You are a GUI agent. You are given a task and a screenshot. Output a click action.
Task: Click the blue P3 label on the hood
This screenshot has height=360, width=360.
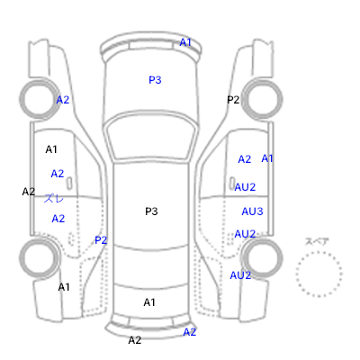[155, 80]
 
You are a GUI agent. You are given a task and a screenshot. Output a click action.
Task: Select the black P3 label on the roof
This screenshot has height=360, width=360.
[151, 211]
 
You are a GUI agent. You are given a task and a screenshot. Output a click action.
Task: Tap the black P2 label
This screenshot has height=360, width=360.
[233, 100]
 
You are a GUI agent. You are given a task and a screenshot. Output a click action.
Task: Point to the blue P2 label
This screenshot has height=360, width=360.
[101, 240]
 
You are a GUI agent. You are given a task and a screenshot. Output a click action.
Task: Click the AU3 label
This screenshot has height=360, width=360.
[252, 211]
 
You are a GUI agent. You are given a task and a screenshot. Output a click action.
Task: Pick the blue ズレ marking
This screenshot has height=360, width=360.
[54, 198]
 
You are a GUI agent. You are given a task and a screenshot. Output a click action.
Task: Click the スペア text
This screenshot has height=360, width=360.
[317, 241]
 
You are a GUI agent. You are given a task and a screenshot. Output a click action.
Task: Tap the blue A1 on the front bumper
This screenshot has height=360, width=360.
[185, 42]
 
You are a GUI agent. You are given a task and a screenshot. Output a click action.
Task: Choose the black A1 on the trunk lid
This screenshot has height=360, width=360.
[149, 302]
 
